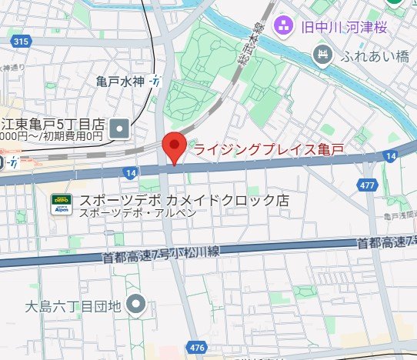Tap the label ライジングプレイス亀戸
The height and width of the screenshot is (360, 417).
(265, 149)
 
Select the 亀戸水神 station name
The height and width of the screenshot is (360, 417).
(122, 81)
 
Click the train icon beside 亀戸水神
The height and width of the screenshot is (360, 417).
(156, 81)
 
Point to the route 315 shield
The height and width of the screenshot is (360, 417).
(21, 42)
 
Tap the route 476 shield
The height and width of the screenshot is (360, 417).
(196, 348)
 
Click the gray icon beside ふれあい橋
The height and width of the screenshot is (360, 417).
(324, 54)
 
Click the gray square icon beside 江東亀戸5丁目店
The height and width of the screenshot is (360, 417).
(119, 128)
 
